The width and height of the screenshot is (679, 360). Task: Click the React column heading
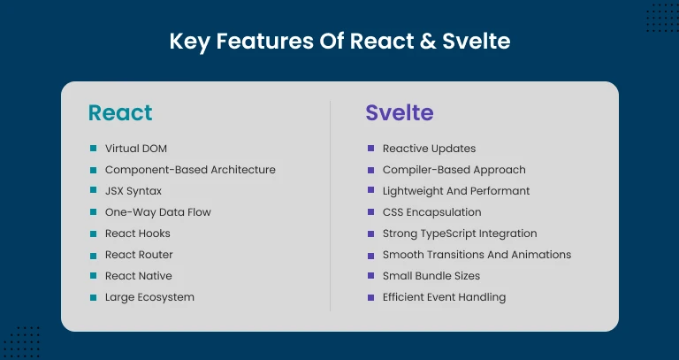tap(120, 113)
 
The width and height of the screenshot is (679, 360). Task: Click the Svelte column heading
tap(400, 113)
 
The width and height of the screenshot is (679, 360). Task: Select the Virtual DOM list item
tap(135, 149)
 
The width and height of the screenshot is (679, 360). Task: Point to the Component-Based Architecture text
tap(190, 170)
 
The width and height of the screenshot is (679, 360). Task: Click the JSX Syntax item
tap(134, 191)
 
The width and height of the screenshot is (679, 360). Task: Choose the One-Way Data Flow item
tap(157, 212)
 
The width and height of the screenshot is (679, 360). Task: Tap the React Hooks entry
tap(137, 234)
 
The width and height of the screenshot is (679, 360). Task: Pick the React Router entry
tap(139, 255)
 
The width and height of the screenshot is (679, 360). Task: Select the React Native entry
tap(139, 276)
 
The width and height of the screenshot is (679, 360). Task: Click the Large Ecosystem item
tap(149, 297)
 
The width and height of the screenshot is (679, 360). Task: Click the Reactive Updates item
tap(429, 149)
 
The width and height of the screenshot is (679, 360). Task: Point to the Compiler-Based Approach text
tap(454, 170)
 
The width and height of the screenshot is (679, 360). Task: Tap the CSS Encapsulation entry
tap(431, 212)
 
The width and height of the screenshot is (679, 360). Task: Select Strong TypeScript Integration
tap(460, 234)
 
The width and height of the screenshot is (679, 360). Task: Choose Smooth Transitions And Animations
tap(477, 255)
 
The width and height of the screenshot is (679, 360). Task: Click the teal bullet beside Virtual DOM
tap(93, 149)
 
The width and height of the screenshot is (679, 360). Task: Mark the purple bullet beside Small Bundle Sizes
tap(370, 276)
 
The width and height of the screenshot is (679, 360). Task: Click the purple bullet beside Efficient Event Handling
tap(370, 297)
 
